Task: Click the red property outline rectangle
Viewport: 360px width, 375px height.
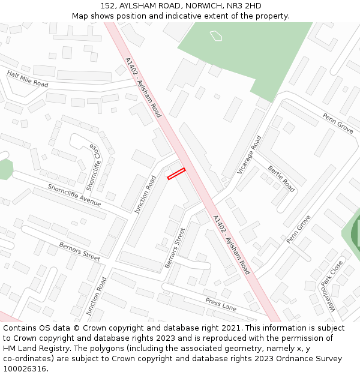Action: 176,173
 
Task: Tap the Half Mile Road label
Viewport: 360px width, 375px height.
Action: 28,79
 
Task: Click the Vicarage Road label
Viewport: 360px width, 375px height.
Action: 249,155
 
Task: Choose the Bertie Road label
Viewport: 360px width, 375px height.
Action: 281,178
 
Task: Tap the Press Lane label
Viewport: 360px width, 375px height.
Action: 221,305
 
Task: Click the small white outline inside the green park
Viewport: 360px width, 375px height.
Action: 216,36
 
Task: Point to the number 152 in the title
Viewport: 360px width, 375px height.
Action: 108,6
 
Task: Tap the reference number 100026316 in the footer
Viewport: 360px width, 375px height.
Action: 24,369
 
